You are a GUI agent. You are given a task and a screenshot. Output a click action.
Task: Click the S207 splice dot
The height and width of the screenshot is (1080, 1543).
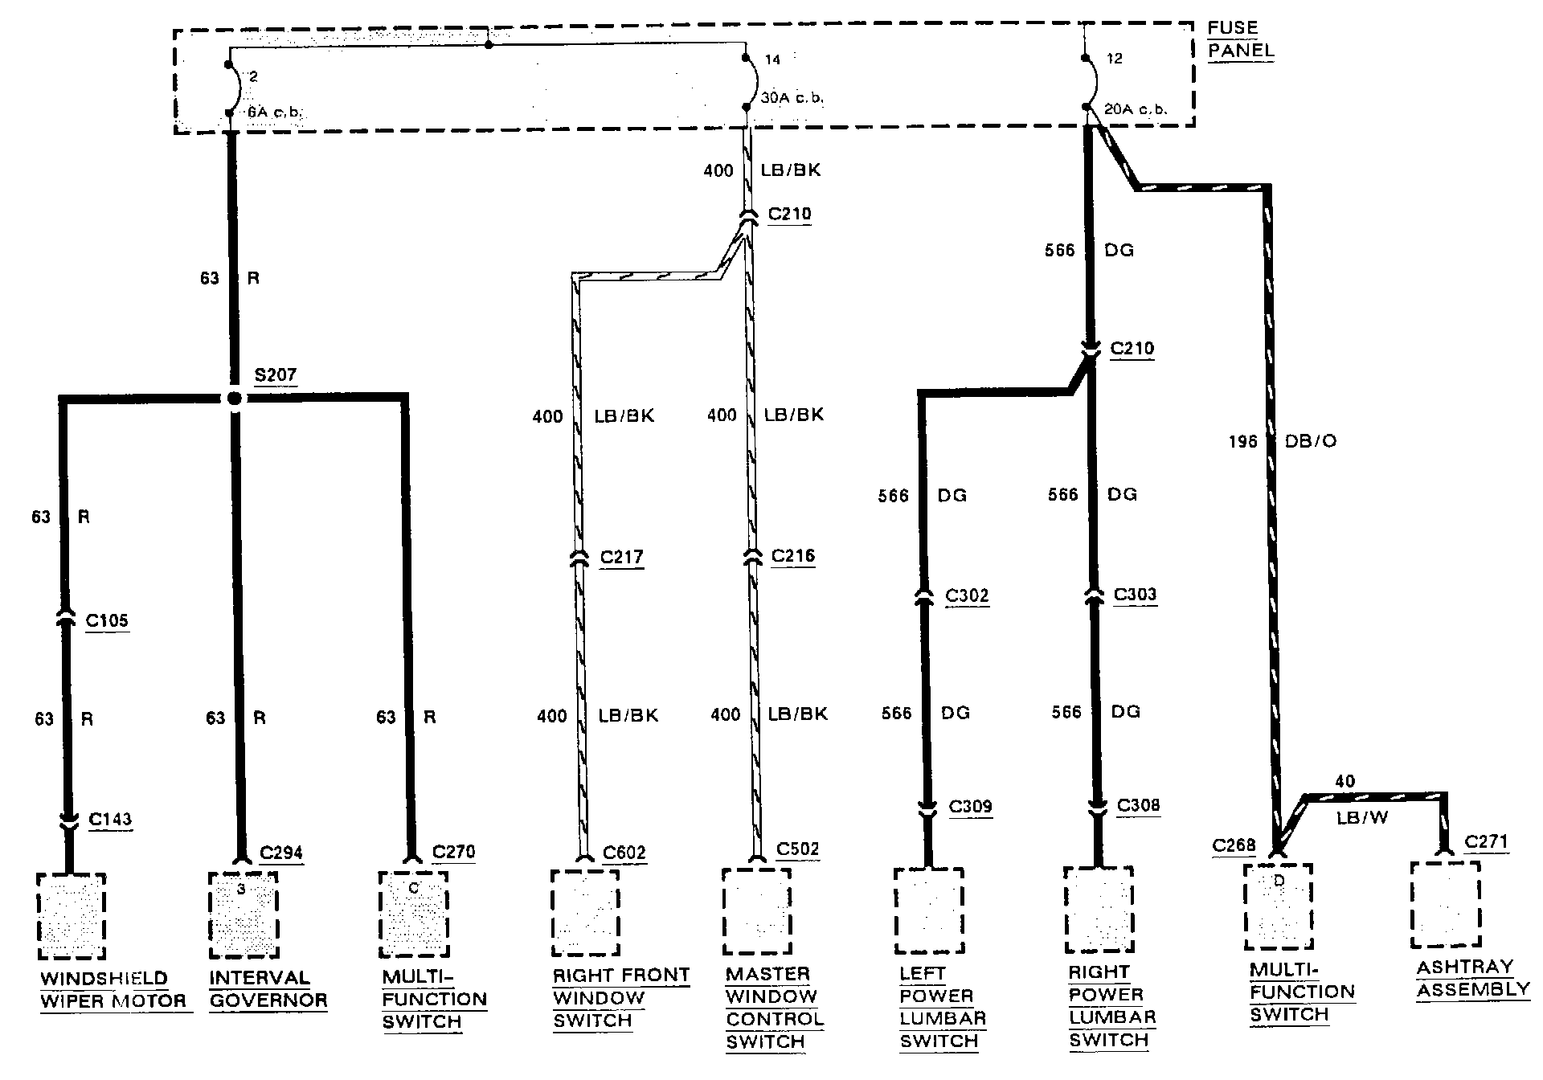click(x=234, y=398)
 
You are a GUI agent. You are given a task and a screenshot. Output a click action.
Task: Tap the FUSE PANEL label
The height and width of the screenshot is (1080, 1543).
click(x=1241, y=39)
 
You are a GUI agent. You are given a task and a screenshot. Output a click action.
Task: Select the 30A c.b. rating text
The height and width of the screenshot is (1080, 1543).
click(x=792, y=99)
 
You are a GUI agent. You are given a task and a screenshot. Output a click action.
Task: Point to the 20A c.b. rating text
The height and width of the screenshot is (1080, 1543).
click(x=1136, y=109)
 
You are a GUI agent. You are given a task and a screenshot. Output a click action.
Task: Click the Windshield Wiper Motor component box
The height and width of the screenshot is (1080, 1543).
click(x=72, y=916)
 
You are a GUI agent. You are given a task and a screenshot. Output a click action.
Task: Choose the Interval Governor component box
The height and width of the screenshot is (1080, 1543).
click(x=243, y=915)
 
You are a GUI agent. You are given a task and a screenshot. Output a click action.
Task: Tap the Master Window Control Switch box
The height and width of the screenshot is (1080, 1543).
click(x=756, y=911)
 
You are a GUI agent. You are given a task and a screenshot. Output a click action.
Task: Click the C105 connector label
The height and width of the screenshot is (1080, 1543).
click(x=107, y=620)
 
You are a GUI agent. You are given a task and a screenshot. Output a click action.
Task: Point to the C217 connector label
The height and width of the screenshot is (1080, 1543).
click(x=621, y=557)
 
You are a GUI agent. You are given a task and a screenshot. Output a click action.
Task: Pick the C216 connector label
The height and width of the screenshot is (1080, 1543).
click(x=792, y=556)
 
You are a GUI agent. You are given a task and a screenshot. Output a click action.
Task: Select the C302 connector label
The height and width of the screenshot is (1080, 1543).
click(x=967, y=595)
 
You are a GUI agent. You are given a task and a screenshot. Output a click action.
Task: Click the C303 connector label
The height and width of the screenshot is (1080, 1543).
click(x=1135, y=595)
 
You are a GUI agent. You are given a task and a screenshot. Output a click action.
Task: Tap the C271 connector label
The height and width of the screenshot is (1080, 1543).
click(x=1486, y=841)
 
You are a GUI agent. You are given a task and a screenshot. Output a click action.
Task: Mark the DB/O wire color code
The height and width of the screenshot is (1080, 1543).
click(x=1312, y=441)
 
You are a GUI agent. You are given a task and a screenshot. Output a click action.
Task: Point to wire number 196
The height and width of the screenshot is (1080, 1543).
click(x=1242, y=441)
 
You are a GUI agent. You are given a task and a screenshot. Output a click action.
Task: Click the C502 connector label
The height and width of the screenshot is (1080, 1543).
click(x=798, y=849)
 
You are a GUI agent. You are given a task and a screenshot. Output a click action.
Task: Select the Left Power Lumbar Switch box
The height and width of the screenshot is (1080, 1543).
click(x=928, y=910)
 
